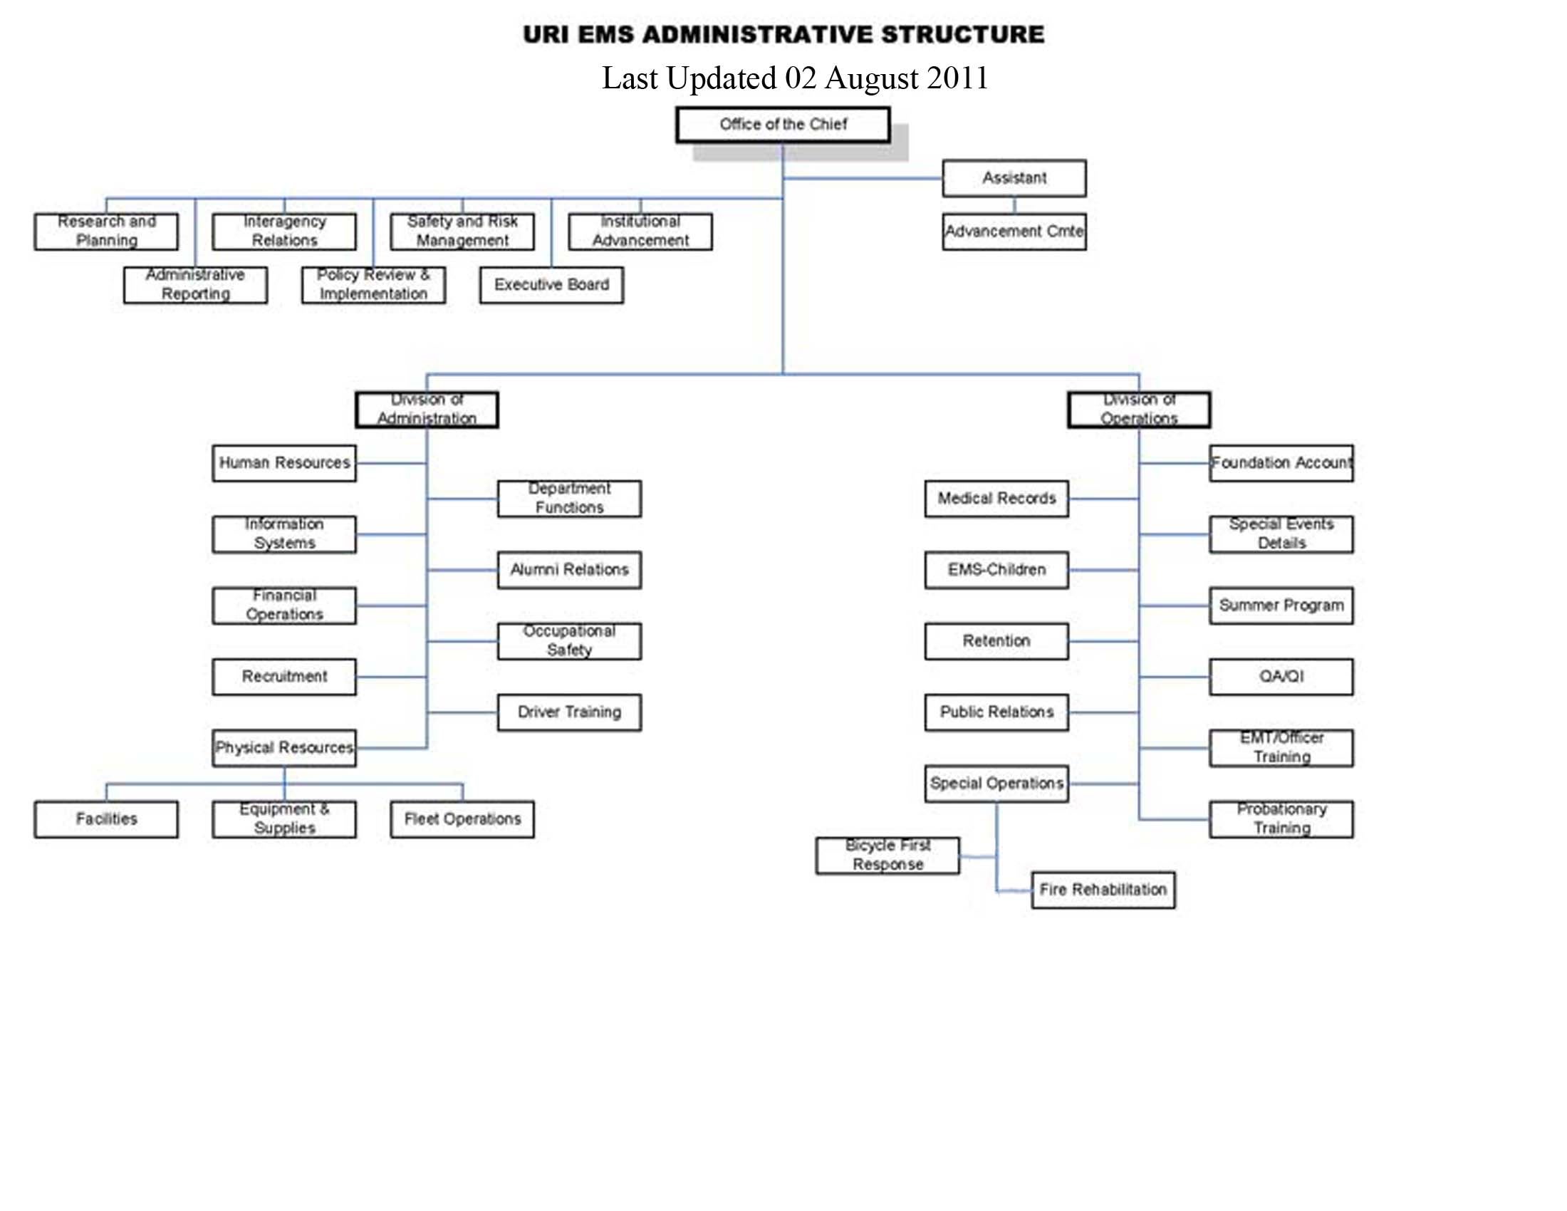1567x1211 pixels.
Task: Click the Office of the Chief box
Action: (x=783, y=125)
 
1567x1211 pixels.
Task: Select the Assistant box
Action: (x=1014, y=178)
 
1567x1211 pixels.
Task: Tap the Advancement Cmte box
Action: (x=1014, y=232)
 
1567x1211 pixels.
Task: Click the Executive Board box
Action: (x=551, y=285)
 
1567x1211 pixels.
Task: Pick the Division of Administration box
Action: (x=427, y=410)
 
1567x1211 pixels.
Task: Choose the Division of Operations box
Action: (x=1139, y=410)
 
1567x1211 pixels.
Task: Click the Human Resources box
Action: (x=284, y=463)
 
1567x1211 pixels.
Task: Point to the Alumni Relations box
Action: (x=569, y=570)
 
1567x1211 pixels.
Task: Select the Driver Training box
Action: (x=569, y=712)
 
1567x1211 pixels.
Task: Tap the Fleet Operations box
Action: (x=462, y=819)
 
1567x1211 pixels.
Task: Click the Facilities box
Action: (x=106, y=819)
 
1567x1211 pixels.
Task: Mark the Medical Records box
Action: (x=996, y=499)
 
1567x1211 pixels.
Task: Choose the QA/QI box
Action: (x=1281, y=677)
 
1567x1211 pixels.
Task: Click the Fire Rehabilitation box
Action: (x=1103, y=890)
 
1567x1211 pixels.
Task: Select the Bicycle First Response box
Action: (x=887, y=855)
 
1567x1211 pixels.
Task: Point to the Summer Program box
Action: (x=1281, y=605)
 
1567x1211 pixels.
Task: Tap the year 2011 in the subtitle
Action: (x=957, y=78)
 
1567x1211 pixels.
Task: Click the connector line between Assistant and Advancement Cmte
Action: (x=1014, y=205)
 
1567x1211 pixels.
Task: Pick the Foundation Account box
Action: (x=1281, y=463)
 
